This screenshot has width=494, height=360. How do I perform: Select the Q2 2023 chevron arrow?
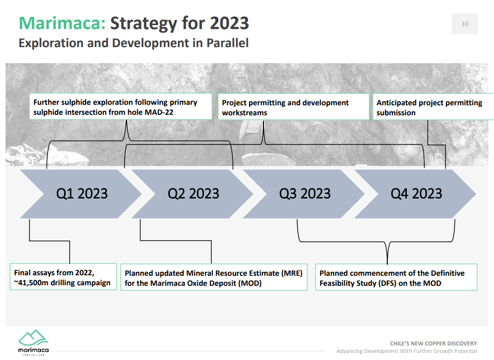[x=193, y=194]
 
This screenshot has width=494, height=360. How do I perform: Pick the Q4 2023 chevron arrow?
[x=416, y=194]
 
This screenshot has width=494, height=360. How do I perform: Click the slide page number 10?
[x=464, y=24]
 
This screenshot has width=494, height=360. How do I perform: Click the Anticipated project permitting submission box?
[x=431, y=107]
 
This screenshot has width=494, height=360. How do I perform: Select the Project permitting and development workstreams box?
[x=294, y=107]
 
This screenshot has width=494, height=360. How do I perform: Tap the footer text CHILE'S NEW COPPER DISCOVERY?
[x=433, y=343]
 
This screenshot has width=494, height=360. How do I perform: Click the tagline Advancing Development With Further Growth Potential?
[x=406, y=351]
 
